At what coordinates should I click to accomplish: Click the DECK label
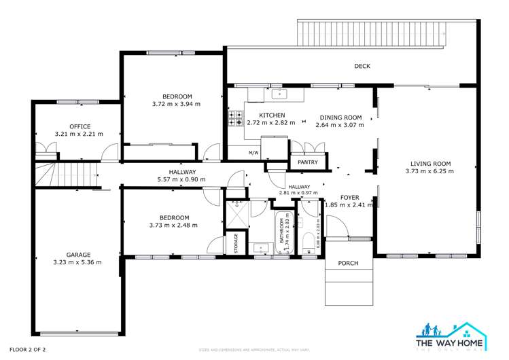click(362, 66)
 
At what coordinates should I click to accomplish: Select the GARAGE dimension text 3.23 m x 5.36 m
click(77, 262)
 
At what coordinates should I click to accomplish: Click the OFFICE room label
click(80, 126)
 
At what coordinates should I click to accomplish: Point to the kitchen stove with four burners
click(235, 120)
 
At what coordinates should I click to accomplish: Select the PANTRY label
click(308, 162)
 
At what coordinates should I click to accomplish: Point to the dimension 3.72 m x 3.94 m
click(173, 105)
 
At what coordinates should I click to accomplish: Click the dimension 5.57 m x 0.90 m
click(181, 179)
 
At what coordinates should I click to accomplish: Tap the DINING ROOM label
click(339, 116)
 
